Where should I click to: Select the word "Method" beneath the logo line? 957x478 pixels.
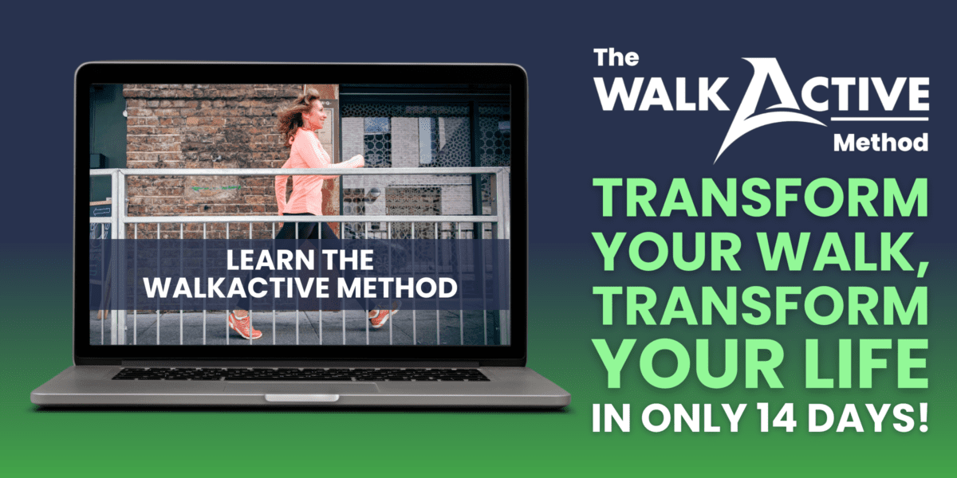pos(880,143)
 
